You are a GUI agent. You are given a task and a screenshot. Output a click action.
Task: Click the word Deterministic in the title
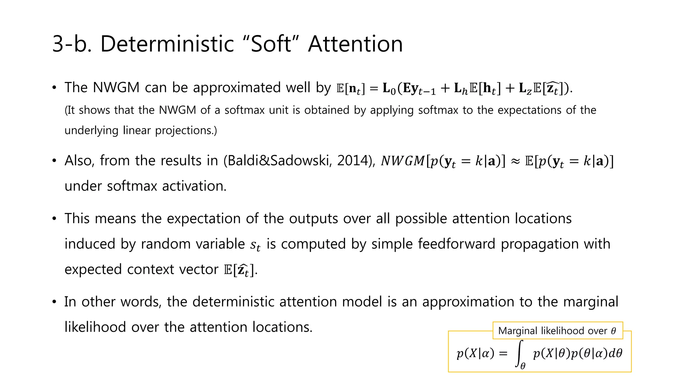tap(167, 44)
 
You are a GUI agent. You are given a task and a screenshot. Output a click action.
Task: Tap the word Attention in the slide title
tap(355, 44)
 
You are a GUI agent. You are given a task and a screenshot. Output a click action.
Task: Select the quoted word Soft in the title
tap(271, 44)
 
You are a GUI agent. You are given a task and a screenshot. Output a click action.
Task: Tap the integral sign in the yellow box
tap(520, 353)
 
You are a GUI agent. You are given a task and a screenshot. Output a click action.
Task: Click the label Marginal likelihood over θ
tap(557, 331)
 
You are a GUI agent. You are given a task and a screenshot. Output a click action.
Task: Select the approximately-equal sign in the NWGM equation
tap(515, 161)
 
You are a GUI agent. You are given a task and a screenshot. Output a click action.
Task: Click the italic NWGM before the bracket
tap(403, 161)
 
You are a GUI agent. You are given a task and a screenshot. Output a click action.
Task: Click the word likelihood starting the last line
tap(95, 327)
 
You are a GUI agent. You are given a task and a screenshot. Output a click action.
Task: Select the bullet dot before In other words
tap(54, 302)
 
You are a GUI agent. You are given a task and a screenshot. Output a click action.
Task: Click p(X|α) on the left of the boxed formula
tap(475, 353)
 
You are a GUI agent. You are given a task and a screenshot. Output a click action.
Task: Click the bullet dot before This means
tap(54, 219)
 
